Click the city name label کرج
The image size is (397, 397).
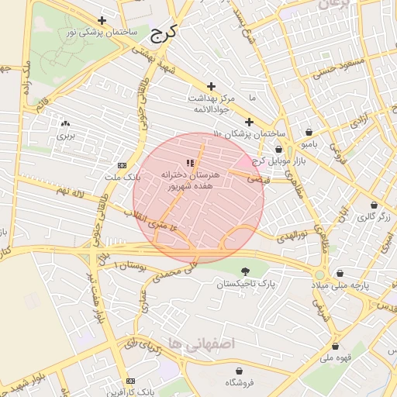(163, 33)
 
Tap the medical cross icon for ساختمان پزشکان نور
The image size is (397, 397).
(102, 20)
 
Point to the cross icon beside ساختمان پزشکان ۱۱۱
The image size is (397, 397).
(249, 122)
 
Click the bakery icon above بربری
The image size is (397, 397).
(65, 123)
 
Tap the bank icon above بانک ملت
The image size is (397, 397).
(122, 165)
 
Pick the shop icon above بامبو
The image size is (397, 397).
(309, 132)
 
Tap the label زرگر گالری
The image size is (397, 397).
(372, 216)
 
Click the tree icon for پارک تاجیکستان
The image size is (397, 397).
(246, 271)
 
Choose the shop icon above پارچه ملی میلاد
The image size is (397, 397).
(342, 273)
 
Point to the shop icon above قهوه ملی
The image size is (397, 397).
(335, 347)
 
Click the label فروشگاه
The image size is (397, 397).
(240, 383)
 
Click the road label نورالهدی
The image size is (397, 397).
(293, 232)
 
